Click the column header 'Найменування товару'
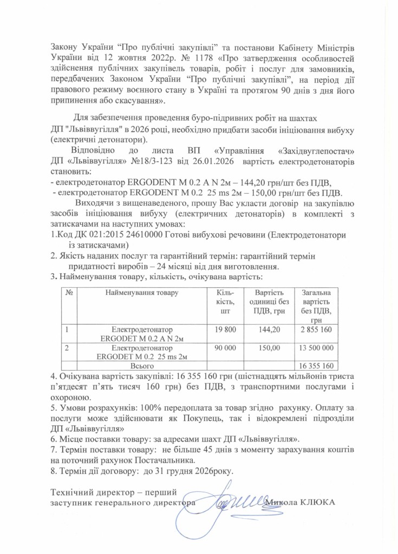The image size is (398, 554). pos(142,293)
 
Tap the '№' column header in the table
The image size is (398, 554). pos(69,293)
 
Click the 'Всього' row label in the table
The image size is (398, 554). pos(142,366)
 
